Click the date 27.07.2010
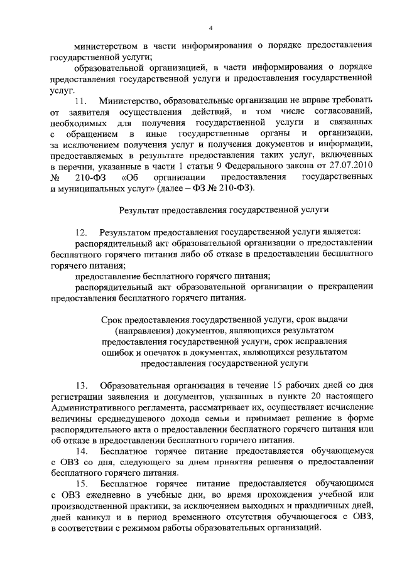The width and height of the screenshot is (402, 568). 350,168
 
